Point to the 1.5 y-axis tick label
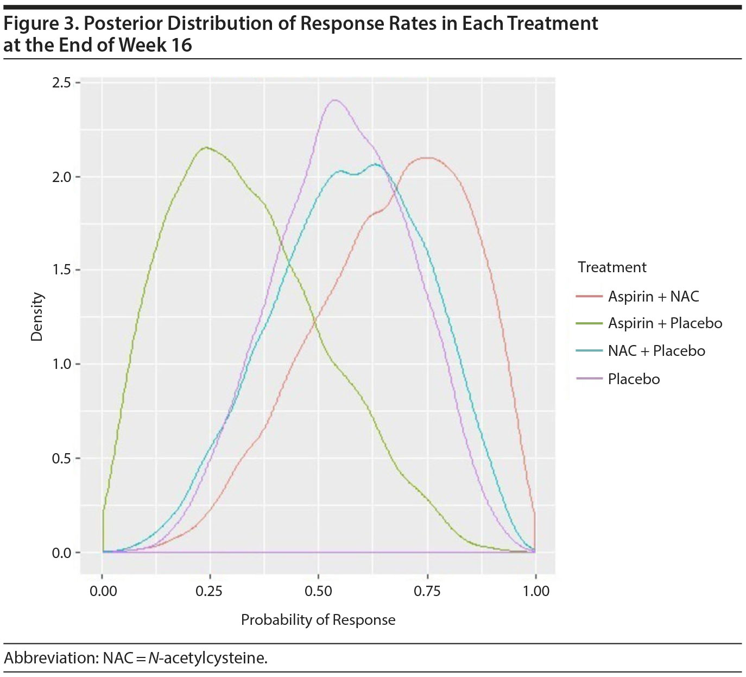(61, 270)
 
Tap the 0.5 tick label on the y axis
(61, 459)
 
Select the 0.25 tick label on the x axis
(210, 591)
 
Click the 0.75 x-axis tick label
(427, 591)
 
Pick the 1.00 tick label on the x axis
(536, 591)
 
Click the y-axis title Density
(37, 317)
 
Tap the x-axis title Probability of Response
(318, 620)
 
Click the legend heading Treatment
(612, 267)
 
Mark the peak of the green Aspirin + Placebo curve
(206, 147)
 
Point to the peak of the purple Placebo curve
(334, 100)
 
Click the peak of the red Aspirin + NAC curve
(428, 158)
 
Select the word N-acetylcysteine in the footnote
(208, 659)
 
